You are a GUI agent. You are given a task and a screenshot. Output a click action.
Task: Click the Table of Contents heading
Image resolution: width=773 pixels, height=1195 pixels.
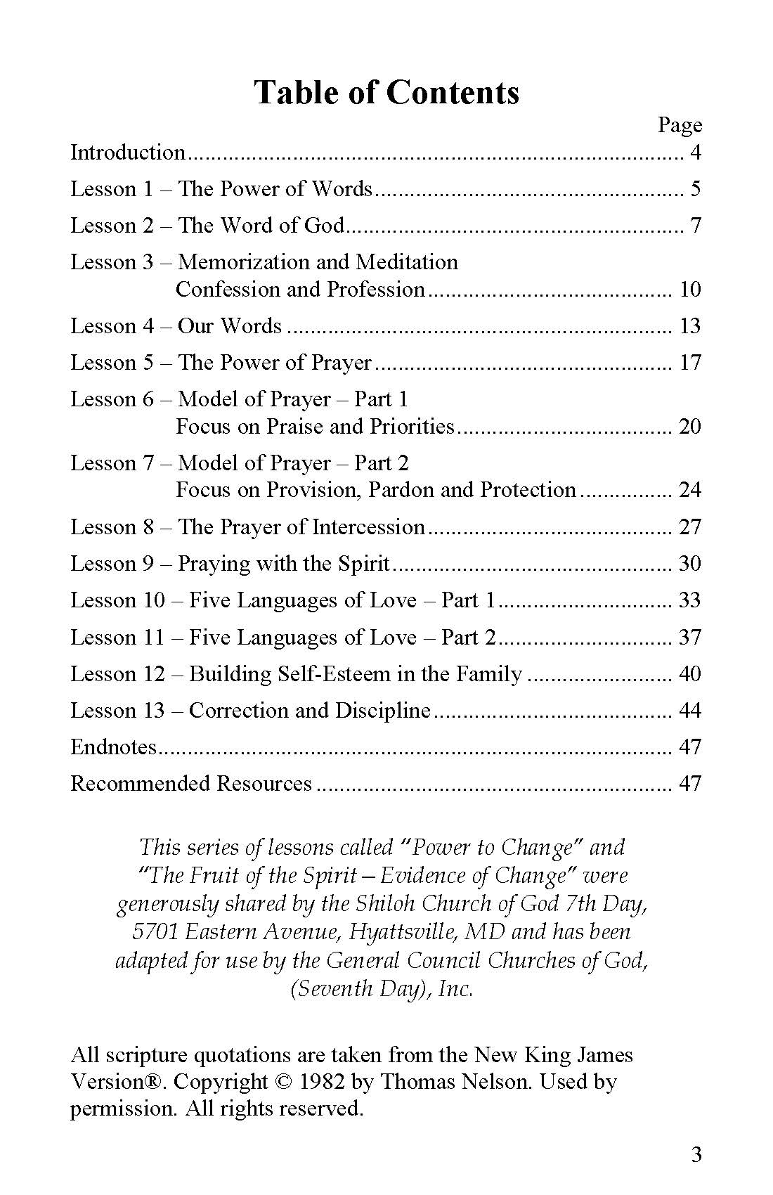[x=386, y=92]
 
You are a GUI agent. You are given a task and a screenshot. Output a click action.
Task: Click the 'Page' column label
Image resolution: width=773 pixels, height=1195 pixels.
[x=680, y=125]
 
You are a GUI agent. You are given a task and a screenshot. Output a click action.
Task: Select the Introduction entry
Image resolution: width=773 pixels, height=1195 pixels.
[x=127, y=153]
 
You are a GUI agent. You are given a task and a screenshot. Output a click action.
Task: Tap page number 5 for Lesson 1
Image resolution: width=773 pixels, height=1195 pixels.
[x=695, y=189]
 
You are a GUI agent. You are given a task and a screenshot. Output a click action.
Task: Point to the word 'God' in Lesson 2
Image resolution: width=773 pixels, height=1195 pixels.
[x=324, y=226]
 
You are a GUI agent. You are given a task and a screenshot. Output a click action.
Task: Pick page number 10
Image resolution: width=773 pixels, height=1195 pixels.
[x=690, y=290]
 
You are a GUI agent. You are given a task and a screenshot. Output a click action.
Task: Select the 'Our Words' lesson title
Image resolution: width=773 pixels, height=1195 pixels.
[x=229, y=326]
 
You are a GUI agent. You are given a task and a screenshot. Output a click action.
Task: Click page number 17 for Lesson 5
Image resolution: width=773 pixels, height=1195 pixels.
[x=690, y=363]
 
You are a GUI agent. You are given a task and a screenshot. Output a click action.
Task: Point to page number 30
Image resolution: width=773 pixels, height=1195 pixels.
[x=690, y=564]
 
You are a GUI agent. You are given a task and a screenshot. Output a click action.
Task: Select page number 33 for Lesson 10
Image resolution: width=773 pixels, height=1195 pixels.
[x=690, y=600]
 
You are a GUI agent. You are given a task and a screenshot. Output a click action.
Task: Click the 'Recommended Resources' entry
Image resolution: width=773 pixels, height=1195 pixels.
[x=191, y=784]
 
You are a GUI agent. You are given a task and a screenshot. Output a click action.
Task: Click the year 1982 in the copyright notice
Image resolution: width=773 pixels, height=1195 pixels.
[x=321, y=1082]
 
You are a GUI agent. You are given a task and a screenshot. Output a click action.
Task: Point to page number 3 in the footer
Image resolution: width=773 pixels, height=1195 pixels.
[x=696, y=1155]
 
